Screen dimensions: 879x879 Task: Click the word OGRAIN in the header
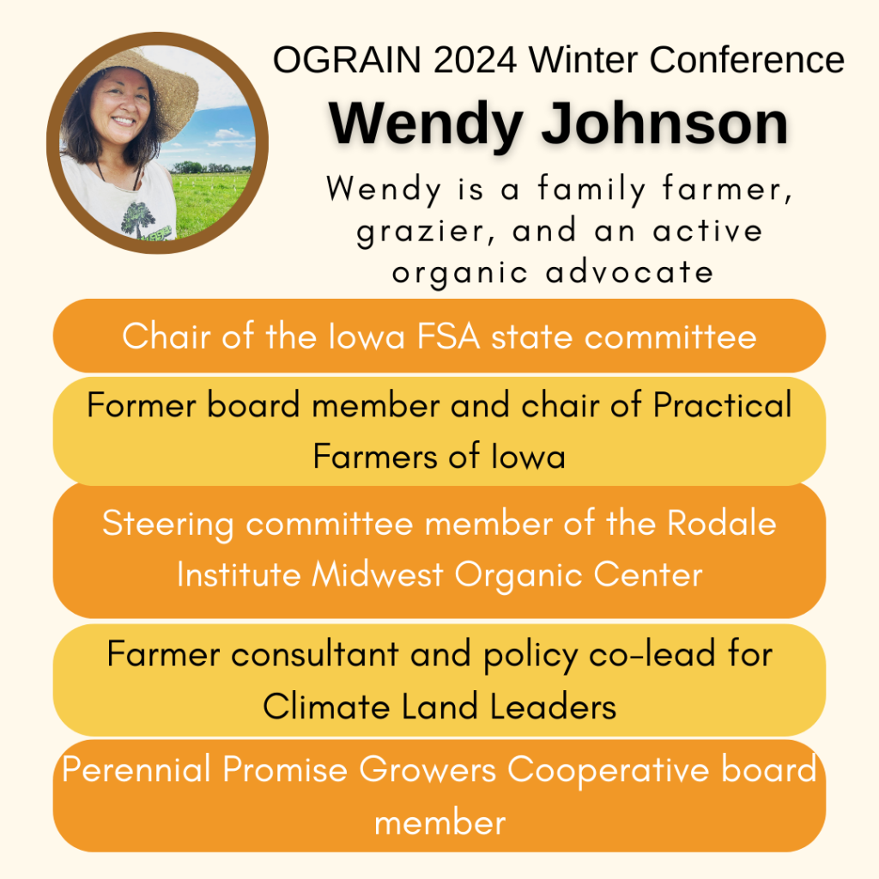click(347, 59)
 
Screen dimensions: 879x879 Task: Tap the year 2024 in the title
click(475, 59)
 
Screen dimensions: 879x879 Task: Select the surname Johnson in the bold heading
click(665, 124)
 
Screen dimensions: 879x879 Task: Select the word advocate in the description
click(629, 272)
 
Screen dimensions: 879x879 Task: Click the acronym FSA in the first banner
click(448, 336)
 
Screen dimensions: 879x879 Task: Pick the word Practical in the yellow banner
click(723, 405)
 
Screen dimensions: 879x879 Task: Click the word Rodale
click(721, 524)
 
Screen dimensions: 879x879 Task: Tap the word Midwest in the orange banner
click(378, 575)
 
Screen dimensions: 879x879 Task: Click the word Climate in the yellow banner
click(326, 706)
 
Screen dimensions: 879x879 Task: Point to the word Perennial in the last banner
click(136, 769)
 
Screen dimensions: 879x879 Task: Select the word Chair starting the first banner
click(167, 336)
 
